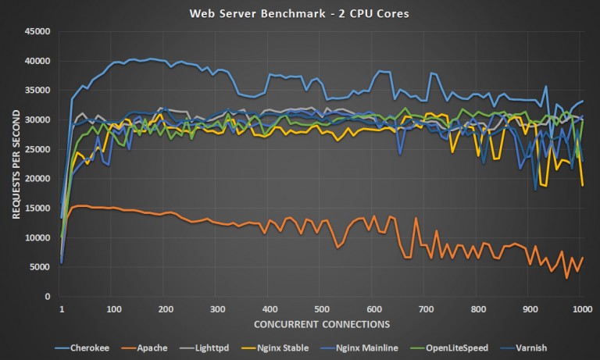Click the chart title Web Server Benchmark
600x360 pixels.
point(300,13)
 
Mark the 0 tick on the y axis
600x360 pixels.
point(48,298)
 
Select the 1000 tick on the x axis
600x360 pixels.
point(579,309)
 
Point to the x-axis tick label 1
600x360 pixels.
point(61,309)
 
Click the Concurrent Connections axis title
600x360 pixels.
point(320,323)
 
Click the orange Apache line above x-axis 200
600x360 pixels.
point(166,212)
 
